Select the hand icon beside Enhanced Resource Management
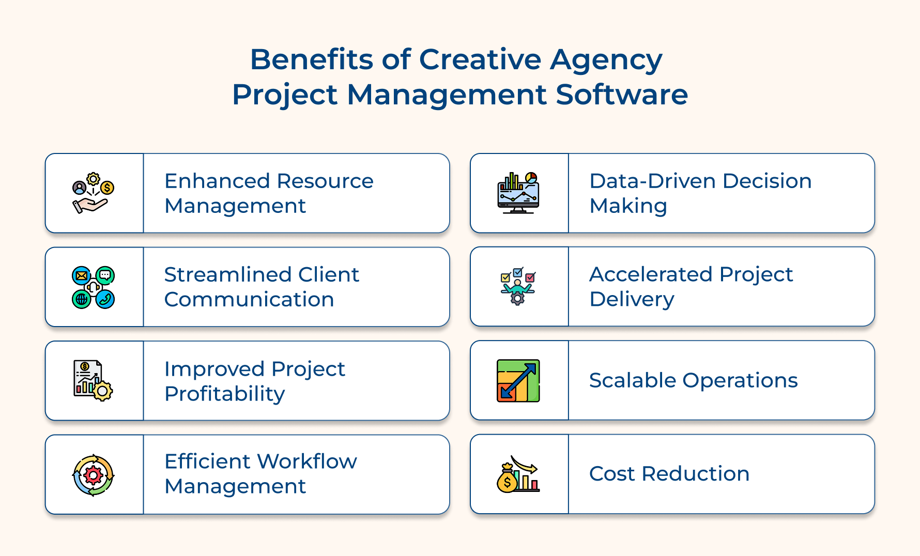tap(93, 193)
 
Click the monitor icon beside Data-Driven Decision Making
tap(518, 193)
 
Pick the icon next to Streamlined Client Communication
tap(93, 287)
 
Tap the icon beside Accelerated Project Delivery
tap(518, 286)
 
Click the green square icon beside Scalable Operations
tap(518, 381)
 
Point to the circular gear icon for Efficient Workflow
tap(93, 475)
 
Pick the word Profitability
tap(225, 394)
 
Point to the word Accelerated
tap(651, 274)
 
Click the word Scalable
tap(633, 381)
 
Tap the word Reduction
tap(695, 474)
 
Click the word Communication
tap(249, 300)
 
